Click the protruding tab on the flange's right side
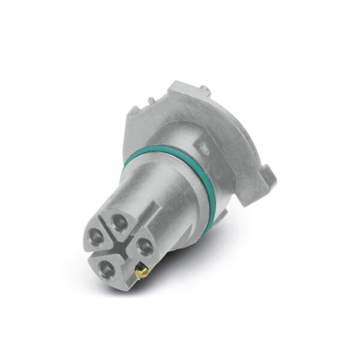266,176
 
